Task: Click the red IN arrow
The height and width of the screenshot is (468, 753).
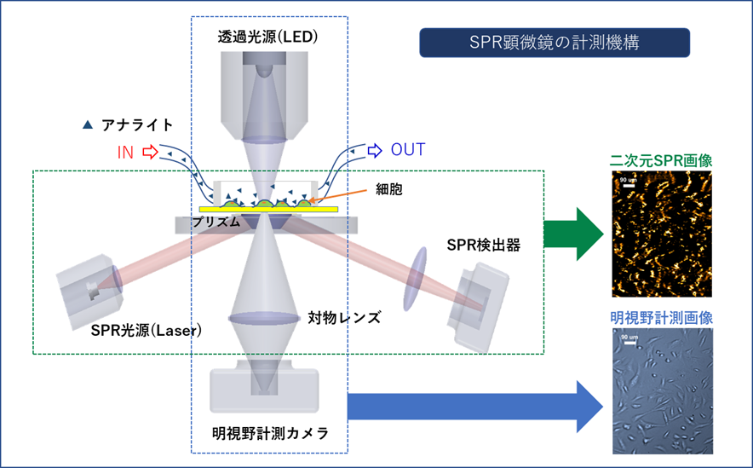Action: pyautogui.click(x=150, y=153)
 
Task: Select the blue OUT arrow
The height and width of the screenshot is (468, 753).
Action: pyautogui.click(x=374, y=152)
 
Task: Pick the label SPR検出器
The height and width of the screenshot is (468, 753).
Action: pyautogui.click(x=483, y=246)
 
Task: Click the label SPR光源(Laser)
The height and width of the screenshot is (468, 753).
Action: pyautogui.click(x=146, y=330)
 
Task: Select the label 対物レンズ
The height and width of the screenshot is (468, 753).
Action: pyautogui.click(x=343, y=318)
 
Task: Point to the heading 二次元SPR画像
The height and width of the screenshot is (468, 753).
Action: pyautogui.click(x=662, y=159)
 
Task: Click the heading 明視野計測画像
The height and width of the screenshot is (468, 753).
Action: pyautogui.click(x=662, y=317)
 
